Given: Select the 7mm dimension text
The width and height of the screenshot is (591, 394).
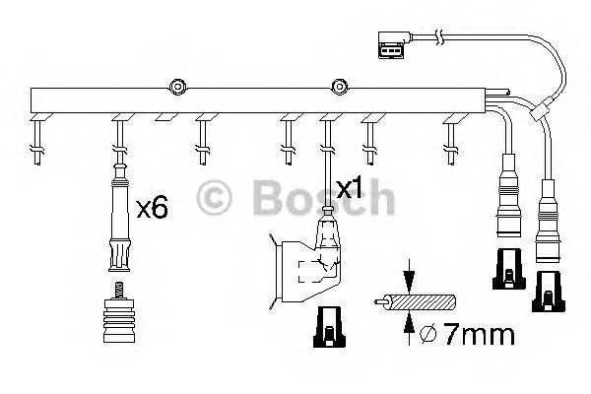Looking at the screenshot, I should coord(480,335).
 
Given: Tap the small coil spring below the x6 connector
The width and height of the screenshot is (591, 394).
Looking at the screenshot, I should coord(118,292).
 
